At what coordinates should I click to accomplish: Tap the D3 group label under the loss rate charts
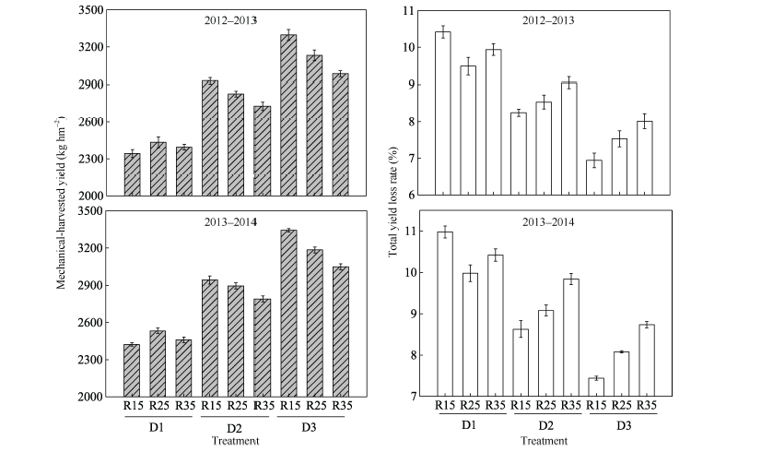[623, 426]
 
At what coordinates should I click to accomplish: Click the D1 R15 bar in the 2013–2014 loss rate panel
[444, 314]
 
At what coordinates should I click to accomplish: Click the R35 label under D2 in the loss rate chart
[571, 404]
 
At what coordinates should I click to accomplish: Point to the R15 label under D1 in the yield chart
[132, 405]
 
